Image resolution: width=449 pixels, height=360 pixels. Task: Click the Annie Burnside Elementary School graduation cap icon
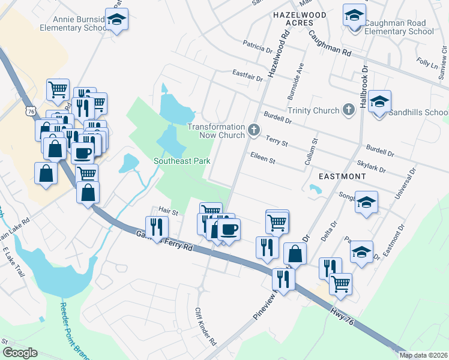(x=117, y=19)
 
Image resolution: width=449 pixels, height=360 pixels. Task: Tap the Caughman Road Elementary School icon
(x=355, y=15)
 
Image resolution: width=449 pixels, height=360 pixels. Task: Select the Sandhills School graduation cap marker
(x=379, y=102)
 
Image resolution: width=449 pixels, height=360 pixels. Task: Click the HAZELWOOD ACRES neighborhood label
(x=300, y=18)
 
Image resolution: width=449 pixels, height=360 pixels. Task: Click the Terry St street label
(x=277, y=142)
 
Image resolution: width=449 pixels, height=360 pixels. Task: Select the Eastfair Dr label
(x=247, y=75)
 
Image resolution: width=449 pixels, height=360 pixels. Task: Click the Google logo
(x=19, y=352)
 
